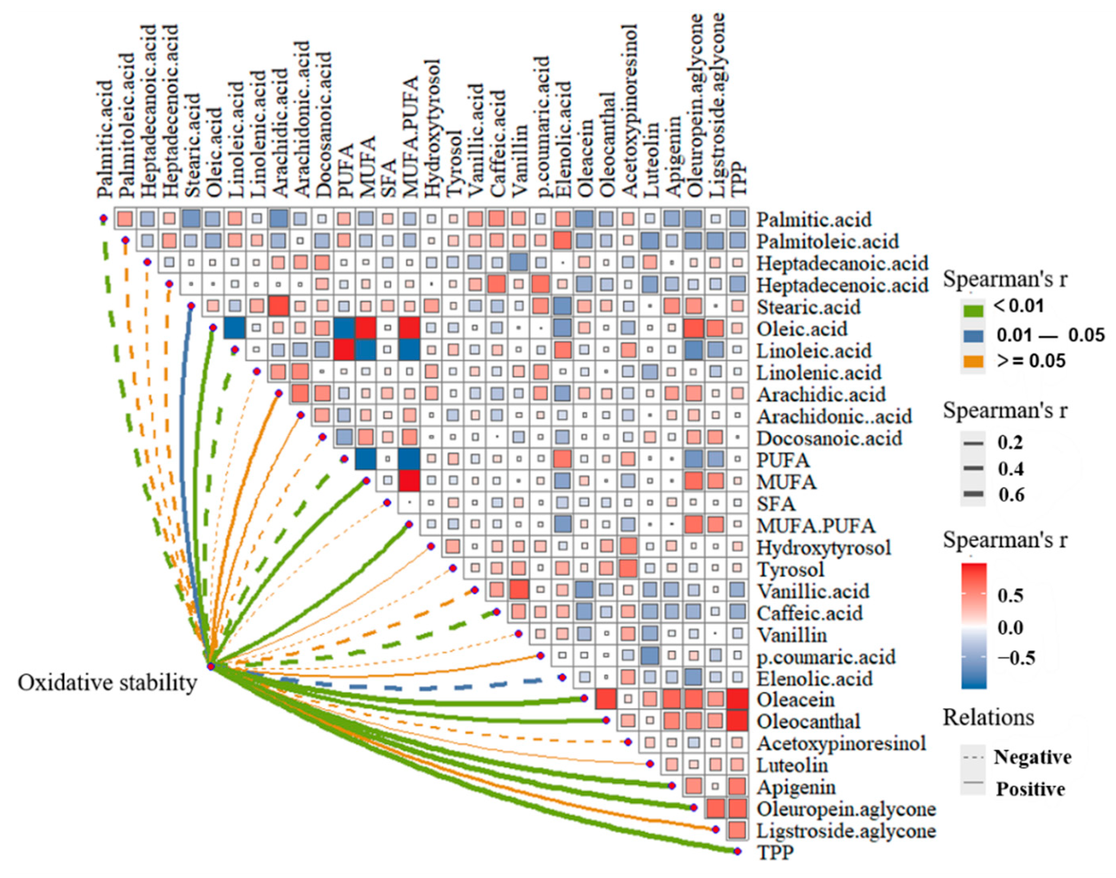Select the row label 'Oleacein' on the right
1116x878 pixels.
tap(795, 700)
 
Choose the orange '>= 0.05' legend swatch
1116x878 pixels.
tap(971, 361)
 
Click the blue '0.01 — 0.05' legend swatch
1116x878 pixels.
tap(971, 336)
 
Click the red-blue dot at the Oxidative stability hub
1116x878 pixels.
tap(211, 667)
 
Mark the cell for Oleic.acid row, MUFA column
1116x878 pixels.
tap(366, 328)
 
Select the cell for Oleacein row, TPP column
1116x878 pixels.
tap(738, 700)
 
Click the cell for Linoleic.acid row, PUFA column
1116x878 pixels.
tap(345, 350)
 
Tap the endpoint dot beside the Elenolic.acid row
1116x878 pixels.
tap(562, 678)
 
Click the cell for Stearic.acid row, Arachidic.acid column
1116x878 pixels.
tap(279, 306)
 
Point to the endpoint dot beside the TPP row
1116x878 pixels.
tap(738, 851)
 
